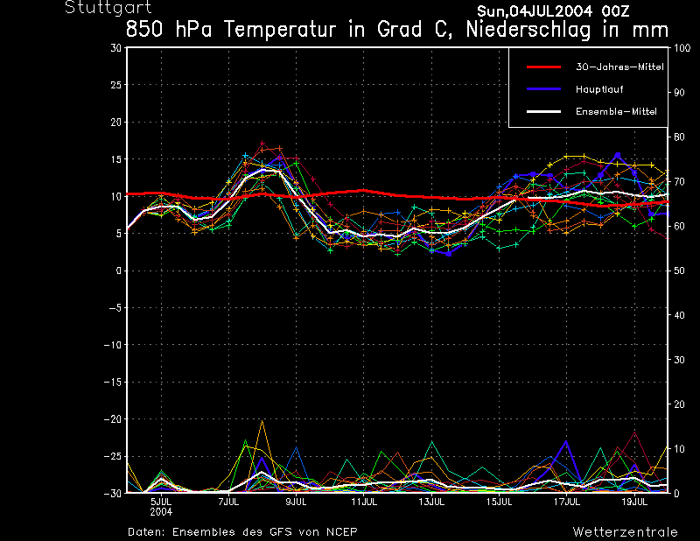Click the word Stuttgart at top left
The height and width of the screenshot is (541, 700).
coord(102,8)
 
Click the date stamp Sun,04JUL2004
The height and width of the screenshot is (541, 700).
coord(530,11)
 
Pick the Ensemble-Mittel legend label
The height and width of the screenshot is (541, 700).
coord(616,111)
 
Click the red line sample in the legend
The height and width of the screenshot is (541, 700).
coord(542,67)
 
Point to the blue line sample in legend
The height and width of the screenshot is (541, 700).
coord(542,89)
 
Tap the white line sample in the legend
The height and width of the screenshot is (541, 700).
coord(542,111)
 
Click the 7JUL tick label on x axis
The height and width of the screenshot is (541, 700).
coord(228,502)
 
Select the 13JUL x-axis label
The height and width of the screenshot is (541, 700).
coord(431,502)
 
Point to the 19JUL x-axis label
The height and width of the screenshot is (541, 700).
coord(634,502)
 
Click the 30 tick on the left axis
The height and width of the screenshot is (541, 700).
coord(115,48)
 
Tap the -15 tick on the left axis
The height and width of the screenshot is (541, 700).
coord(112,382)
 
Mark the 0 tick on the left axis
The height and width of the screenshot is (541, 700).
coord(118,270)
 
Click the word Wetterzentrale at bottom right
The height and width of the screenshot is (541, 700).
coord(625,531)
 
